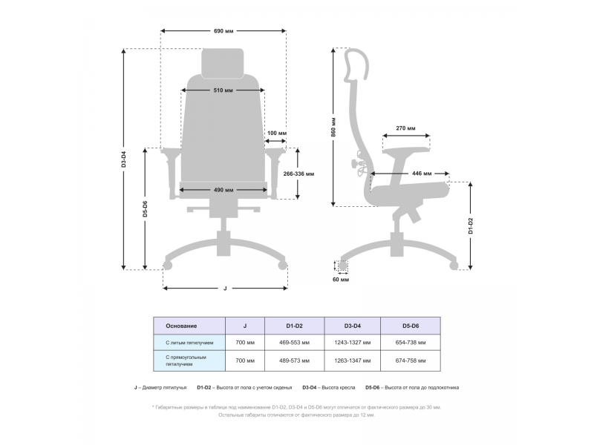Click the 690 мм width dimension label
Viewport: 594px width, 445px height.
click(x=223, y=31)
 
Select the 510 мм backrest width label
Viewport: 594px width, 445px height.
click(x=223, y=90)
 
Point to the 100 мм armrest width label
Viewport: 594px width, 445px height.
click(x=276, y=133)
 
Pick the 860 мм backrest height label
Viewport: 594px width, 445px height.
click(x=334, y=127)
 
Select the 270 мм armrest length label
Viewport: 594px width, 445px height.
click(x=405, y=128)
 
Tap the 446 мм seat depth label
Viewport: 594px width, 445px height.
click(x=422, y=174)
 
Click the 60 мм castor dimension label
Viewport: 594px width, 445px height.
click(x=341, y=280)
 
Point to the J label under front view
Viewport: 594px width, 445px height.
click(x=224, y=288)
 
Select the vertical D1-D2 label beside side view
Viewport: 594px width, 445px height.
click(x=471, y=225)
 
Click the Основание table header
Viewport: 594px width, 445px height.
click(x=181, y=326)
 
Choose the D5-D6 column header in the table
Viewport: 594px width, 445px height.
click(x=410, y=326)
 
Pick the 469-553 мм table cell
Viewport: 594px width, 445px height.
click(x=294, y=343)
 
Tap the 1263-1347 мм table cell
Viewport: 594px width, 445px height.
click(x=353, y=361)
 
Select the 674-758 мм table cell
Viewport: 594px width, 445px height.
click(x=410, y=361)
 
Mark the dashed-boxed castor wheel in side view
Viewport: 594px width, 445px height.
click(x=342, y=265)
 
